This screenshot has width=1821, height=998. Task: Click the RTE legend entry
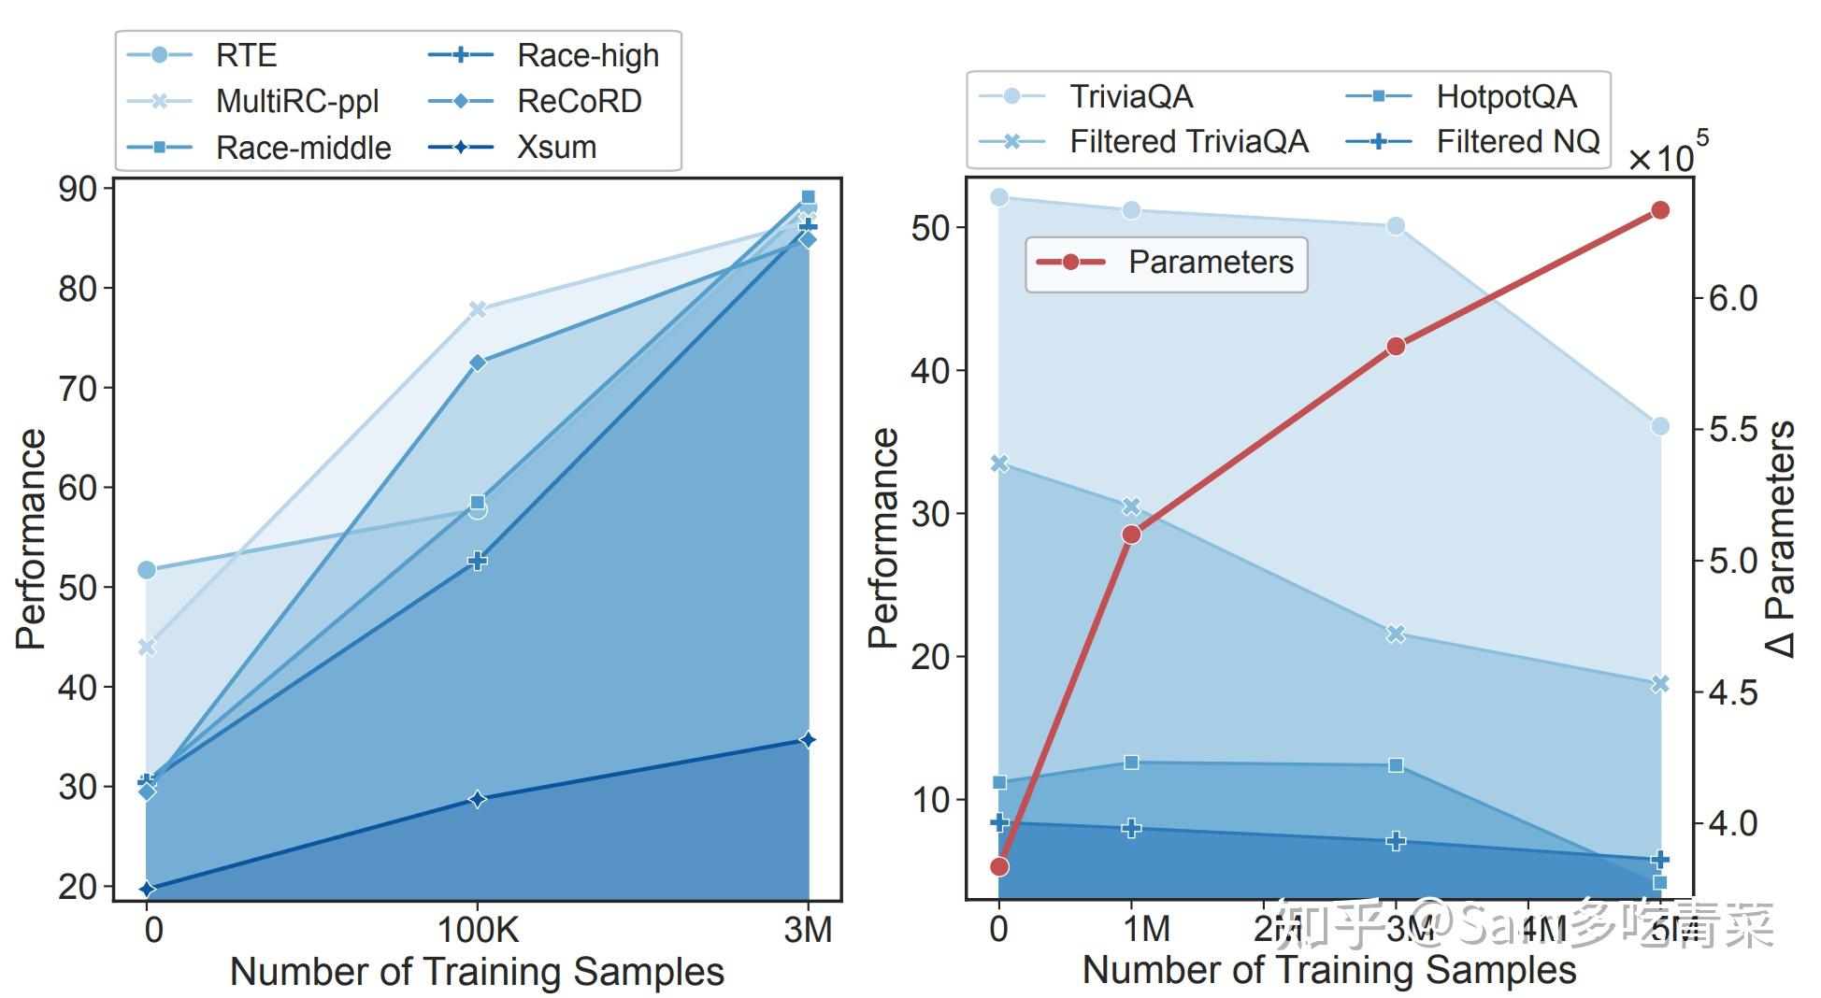click(245, 55)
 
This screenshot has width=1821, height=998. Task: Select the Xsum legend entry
click(556, 147)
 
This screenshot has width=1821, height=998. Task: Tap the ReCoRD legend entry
click(579, 101)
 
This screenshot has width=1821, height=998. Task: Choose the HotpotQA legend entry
click(1505, 96)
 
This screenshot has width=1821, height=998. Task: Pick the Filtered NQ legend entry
click(1517, 142)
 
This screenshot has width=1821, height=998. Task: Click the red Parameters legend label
click(1211, 263)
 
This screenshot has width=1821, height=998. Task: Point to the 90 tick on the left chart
click(79, 189)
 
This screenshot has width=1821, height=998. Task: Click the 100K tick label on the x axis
click(478, 930)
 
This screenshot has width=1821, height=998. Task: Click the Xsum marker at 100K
click(478, 799)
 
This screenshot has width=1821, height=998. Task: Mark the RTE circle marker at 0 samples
click(147, 570)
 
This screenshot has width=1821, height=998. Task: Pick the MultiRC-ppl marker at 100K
click(478, 309)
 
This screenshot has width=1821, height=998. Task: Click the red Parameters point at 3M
click(1396, 347)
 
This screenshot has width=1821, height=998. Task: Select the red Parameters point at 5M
click(1660, 210)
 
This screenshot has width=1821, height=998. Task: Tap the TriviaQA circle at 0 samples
click(999, 197)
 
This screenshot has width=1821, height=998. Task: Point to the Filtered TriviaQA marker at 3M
click(1396, 634)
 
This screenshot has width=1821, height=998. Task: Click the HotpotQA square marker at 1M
click(1131, 763)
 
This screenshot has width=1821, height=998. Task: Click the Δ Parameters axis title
click(1780, 539)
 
